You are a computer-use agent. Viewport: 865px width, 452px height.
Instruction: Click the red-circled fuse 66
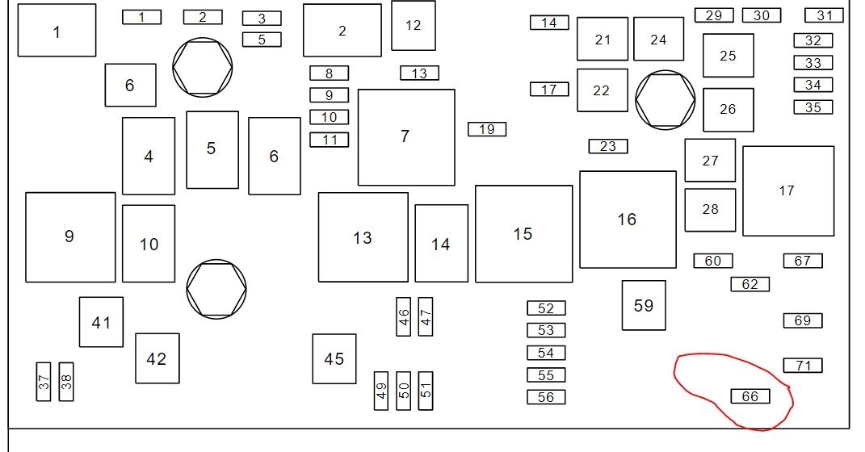click(x=750, y=396)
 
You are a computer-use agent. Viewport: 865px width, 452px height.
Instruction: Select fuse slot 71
click(x=802, y=366)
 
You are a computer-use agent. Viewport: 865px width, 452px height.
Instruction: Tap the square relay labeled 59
click(x=644, y=305)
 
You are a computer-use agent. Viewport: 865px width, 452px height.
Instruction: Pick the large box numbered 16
click(x=628, y=219)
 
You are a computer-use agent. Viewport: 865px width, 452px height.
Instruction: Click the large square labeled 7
click(x=405, y=136)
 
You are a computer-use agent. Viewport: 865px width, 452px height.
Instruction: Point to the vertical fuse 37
click(x=44, y=381)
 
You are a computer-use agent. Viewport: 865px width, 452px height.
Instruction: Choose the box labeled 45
click(x=334, y=358)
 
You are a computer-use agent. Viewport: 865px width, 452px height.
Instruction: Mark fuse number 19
click(x=486, y=129)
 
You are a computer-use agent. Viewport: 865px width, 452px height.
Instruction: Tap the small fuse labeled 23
click(x=607, y=146)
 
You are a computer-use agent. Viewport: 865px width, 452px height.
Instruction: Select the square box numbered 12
click(x=414, y=25)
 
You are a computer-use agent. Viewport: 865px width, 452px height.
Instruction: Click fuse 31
click(x=824, y=15)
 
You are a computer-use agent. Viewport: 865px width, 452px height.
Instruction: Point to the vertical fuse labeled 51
click(x=426, y=390)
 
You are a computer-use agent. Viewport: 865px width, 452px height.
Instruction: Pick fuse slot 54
click(x=546, y=353)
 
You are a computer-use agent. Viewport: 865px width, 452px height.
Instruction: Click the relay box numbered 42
click(x=157, y=358)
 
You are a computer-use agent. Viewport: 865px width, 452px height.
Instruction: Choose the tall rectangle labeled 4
click(x=149, y=156)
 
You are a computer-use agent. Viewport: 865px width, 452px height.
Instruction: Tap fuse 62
click(x=750, y=284)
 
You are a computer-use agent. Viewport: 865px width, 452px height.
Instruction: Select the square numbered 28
click(x=710, y=210)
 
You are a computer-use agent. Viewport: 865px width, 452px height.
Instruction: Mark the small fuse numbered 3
click(x=262, y=19)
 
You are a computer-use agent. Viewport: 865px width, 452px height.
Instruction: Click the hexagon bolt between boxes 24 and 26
click(x=665, y=99)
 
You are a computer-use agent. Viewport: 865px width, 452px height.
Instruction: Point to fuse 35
click(x=813, y=107)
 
